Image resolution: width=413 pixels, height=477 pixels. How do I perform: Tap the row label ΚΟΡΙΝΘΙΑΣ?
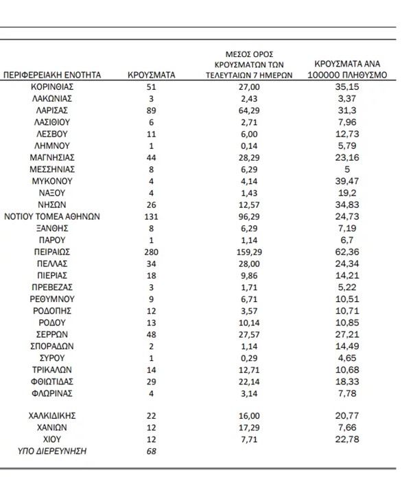click(52, 87)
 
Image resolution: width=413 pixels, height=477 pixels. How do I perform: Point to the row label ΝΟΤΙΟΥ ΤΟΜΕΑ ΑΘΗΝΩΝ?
click(52, 216)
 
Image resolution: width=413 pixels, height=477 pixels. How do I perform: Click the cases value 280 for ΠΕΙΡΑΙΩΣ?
click(152, 252)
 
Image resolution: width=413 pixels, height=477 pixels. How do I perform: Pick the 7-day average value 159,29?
click(252, 252)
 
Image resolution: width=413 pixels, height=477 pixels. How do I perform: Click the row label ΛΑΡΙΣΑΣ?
click(52, 110)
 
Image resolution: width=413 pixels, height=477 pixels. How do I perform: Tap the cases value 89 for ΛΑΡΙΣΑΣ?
click(152, 110)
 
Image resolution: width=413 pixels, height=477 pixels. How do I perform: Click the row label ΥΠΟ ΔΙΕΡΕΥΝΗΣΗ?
click(52, 451)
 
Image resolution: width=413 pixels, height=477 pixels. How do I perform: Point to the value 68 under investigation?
click(152, 451)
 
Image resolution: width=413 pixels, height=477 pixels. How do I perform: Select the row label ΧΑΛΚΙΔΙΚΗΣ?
click(52, 415)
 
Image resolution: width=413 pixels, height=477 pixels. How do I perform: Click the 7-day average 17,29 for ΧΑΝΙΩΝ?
click(252, 427)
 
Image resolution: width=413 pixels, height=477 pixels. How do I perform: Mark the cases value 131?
click(152, 216)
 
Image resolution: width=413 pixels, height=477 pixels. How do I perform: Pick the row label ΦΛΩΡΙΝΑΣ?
click(52, 393)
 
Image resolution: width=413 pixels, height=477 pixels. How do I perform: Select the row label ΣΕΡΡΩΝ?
click(52, 334)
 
